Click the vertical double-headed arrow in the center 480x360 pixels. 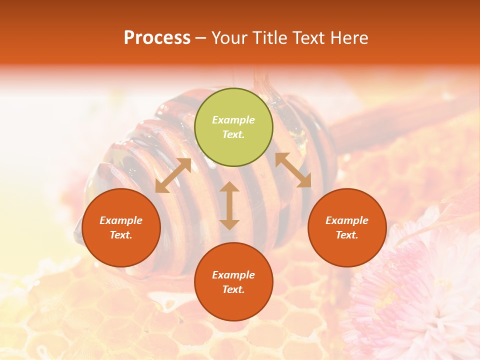click(229, 205)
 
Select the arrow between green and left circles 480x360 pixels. click(173, 175)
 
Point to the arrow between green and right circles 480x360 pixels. click(293, 170)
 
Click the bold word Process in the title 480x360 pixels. click(157, 38)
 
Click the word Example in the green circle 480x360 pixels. click(233, 120)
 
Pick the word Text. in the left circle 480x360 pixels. click(121, 235)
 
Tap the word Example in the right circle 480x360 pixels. click(347, 220)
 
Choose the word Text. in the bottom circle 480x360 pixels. click(233, 289)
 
